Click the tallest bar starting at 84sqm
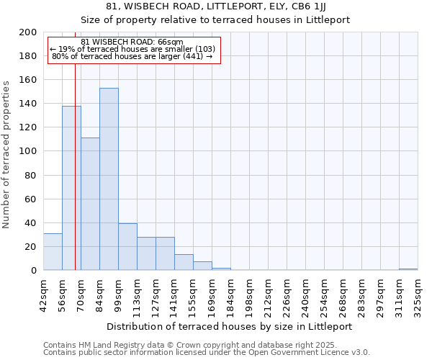tap(109, 179)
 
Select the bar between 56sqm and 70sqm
tap(71, 189)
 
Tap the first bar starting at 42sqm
tap(53, 252)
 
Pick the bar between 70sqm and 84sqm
tap(90, 204)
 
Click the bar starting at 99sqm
tap(127, 247)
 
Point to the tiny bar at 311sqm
tap(408, 269)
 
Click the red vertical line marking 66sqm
tap(75, 158)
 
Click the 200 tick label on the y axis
tap(28, 32)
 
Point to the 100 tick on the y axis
tap(28, 151)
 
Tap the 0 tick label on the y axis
tap(34, 271)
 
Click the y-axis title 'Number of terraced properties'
tap(6, 155)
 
